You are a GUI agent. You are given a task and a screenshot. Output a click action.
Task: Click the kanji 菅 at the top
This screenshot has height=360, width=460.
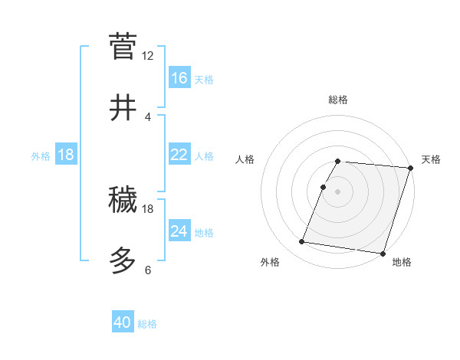click(123, 45)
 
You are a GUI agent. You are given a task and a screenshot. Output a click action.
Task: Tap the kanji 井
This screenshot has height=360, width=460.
click(123, 108)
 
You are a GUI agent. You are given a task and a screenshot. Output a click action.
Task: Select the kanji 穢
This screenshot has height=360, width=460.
click(123, 200)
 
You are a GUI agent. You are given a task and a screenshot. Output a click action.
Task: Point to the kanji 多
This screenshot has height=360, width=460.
click(123, 261)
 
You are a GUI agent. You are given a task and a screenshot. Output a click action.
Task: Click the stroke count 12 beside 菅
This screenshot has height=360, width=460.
click(148, 55)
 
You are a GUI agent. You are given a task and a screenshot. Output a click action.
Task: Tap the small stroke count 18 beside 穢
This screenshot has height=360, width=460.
click(148, 208)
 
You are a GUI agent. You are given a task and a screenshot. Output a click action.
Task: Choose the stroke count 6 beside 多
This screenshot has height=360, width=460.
click(147, 270)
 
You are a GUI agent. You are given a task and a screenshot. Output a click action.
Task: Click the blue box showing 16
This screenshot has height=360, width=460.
click(179, 78)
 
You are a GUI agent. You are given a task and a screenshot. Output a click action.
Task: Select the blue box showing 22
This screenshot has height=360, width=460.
click(179, 155)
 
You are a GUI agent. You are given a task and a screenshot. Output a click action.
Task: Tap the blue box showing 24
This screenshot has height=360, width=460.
click(179, 231)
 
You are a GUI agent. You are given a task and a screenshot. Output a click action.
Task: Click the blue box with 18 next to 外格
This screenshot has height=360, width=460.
click(66, 155)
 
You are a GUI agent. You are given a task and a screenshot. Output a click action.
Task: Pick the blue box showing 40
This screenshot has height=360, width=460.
click(123, 323)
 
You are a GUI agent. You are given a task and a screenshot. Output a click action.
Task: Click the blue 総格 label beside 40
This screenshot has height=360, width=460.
click(147, 324)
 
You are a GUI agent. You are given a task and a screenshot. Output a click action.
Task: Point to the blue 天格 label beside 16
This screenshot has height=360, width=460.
click(204, 80)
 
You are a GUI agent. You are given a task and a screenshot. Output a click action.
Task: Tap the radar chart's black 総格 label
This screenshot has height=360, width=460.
click(338, 100)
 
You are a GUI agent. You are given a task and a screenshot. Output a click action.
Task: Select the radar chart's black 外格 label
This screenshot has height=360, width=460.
click(270, 262)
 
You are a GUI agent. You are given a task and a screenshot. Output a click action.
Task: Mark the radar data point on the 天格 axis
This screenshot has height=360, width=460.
click(411, 169)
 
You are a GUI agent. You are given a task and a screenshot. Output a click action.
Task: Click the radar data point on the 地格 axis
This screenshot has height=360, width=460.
click(383, 253)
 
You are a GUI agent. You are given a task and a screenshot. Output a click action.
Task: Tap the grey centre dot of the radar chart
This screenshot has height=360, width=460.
click(338, 191)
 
